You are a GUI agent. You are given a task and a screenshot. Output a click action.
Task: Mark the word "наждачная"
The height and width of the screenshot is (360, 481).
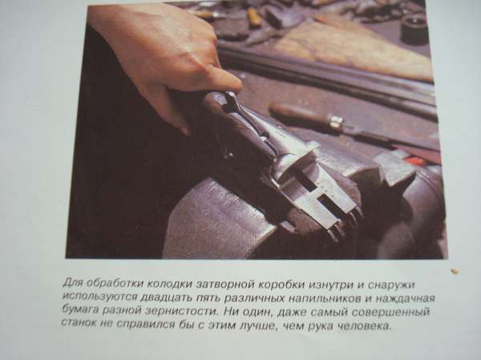tap(406, 299)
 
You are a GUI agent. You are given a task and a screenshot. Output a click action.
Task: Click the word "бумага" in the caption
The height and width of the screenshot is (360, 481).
tap(79, 309)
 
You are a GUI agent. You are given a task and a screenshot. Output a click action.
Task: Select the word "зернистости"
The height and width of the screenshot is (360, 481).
tap(182, 311)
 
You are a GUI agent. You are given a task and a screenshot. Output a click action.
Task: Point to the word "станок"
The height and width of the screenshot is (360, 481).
tap(79, 322)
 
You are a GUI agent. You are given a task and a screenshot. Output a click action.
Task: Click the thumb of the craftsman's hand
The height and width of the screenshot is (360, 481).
tap(221, 77)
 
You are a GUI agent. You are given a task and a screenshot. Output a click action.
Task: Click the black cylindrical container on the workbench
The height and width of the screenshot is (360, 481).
tap(414, 28)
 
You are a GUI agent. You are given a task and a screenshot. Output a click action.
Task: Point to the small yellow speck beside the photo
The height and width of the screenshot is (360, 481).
tap(455, 271)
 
